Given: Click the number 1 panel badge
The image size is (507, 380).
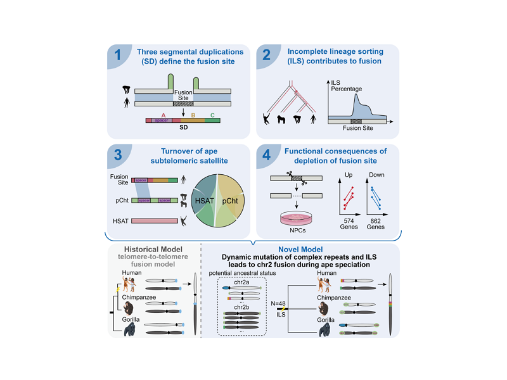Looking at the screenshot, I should tap(118, 58).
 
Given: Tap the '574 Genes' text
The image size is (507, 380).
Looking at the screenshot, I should tap(345, 225).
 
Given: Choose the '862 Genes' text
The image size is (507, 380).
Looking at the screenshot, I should tap(378, 225).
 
